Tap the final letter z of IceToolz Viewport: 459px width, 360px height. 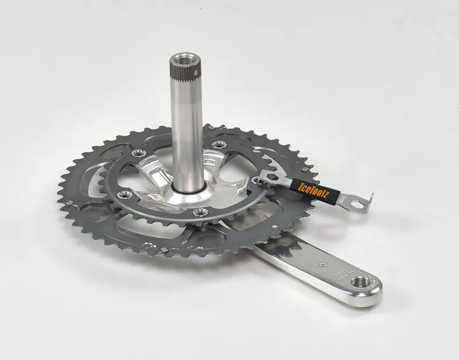[327, 192]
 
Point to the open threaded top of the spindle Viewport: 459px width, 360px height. [185, 59]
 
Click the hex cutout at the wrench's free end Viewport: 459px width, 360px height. [352, 203]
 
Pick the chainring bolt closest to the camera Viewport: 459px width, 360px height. [199, 213]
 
